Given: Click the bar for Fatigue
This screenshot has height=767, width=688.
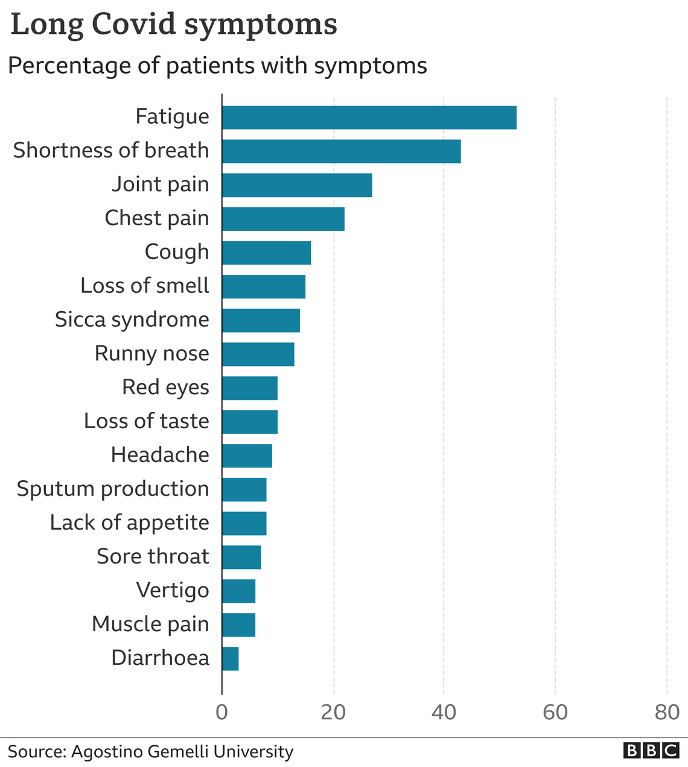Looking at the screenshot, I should [x=369, y=117].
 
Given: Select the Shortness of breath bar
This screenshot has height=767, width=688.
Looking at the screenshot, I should [x=341, y=151].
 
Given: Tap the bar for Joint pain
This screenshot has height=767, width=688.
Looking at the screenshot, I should [x=297, y=185].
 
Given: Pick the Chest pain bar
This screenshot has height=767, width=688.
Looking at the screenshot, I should [x=283, y=219].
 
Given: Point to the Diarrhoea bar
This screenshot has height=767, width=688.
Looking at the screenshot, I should [x=231, y=658].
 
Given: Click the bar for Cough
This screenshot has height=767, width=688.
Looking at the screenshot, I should [x=266, y=252].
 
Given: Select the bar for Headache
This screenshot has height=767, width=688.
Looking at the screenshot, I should [x=247, y=455].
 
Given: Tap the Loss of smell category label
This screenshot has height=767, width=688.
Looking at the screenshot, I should [x=145, y=286].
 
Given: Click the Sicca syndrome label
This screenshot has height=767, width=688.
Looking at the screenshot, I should [x=132, y=319].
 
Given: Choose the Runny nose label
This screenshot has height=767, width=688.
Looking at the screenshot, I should [x=151, y=353].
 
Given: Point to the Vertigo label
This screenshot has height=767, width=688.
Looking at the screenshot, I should [x=173, y=590].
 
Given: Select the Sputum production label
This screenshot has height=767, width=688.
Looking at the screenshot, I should [x=113, y=489].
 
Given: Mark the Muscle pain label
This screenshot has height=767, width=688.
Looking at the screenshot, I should [x=150, y=624].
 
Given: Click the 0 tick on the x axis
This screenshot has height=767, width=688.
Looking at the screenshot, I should [x=222, y=713].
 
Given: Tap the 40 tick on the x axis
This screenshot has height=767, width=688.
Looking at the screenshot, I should [x=444, y=713].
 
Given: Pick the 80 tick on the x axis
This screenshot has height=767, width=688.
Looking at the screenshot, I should [x=667, y=713].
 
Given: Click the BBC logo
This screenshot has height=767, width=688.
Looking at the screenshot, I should [x=651, y=751].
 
